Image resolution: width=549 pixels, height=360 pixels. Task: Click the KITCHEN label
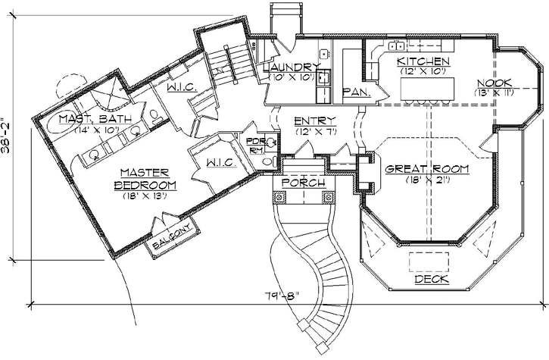click(x=424, y=61)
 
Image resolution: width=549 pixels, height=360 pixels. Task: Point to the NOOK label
click(x=494, y=82)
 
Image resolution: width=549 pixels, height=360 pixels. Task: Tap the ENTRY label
click(x=310, y=121)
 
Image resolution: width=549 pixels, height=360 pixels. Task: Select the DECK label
click(x=432, y=280)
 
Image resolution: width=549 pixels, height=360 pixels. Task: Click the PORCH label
click(x=303, y=183)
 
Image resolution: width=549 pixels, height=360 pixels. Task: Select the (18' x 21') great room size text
click(x=426, y=180)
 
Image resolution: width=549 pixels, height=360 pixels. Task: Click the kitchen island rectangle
click(x=424, y=89)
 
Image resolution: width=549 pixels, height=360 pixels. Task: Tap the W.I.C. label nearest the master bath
click(x=182, y=88)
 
